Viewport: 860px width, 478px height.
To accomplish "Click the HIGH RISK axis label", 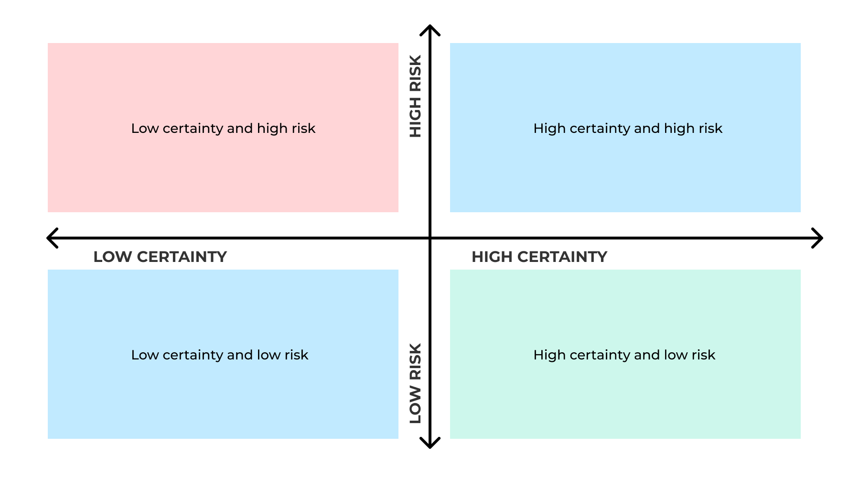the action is [416, 96].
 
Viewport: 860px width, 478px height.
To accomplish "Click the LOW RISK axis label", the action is [416, 383].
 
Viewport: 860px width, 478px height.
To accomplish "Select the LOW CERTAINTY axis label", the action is [160, 257].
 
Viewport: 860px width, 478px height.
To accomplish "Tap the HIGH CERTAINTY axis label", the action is [539, 257].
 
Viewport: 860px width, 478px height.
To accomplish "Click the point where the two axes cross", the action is [430, 238].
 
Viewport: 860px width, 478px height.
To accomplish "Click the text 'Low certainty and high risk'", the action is [223, 129].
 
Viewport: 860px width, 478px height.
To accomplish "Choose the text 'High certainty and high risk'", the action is [628, 129].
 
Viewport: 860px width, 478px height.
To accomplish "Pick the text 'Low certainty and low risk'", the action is [220, 355].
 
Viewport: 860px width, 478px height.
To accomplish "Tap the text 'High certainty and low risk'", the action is [624, 355].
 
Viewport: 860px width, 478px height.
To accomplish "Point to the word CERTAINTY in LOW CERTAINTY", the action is [182, 257].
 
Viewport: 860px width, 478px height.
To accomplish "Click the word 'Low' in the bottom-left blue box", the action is [145, 355].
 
